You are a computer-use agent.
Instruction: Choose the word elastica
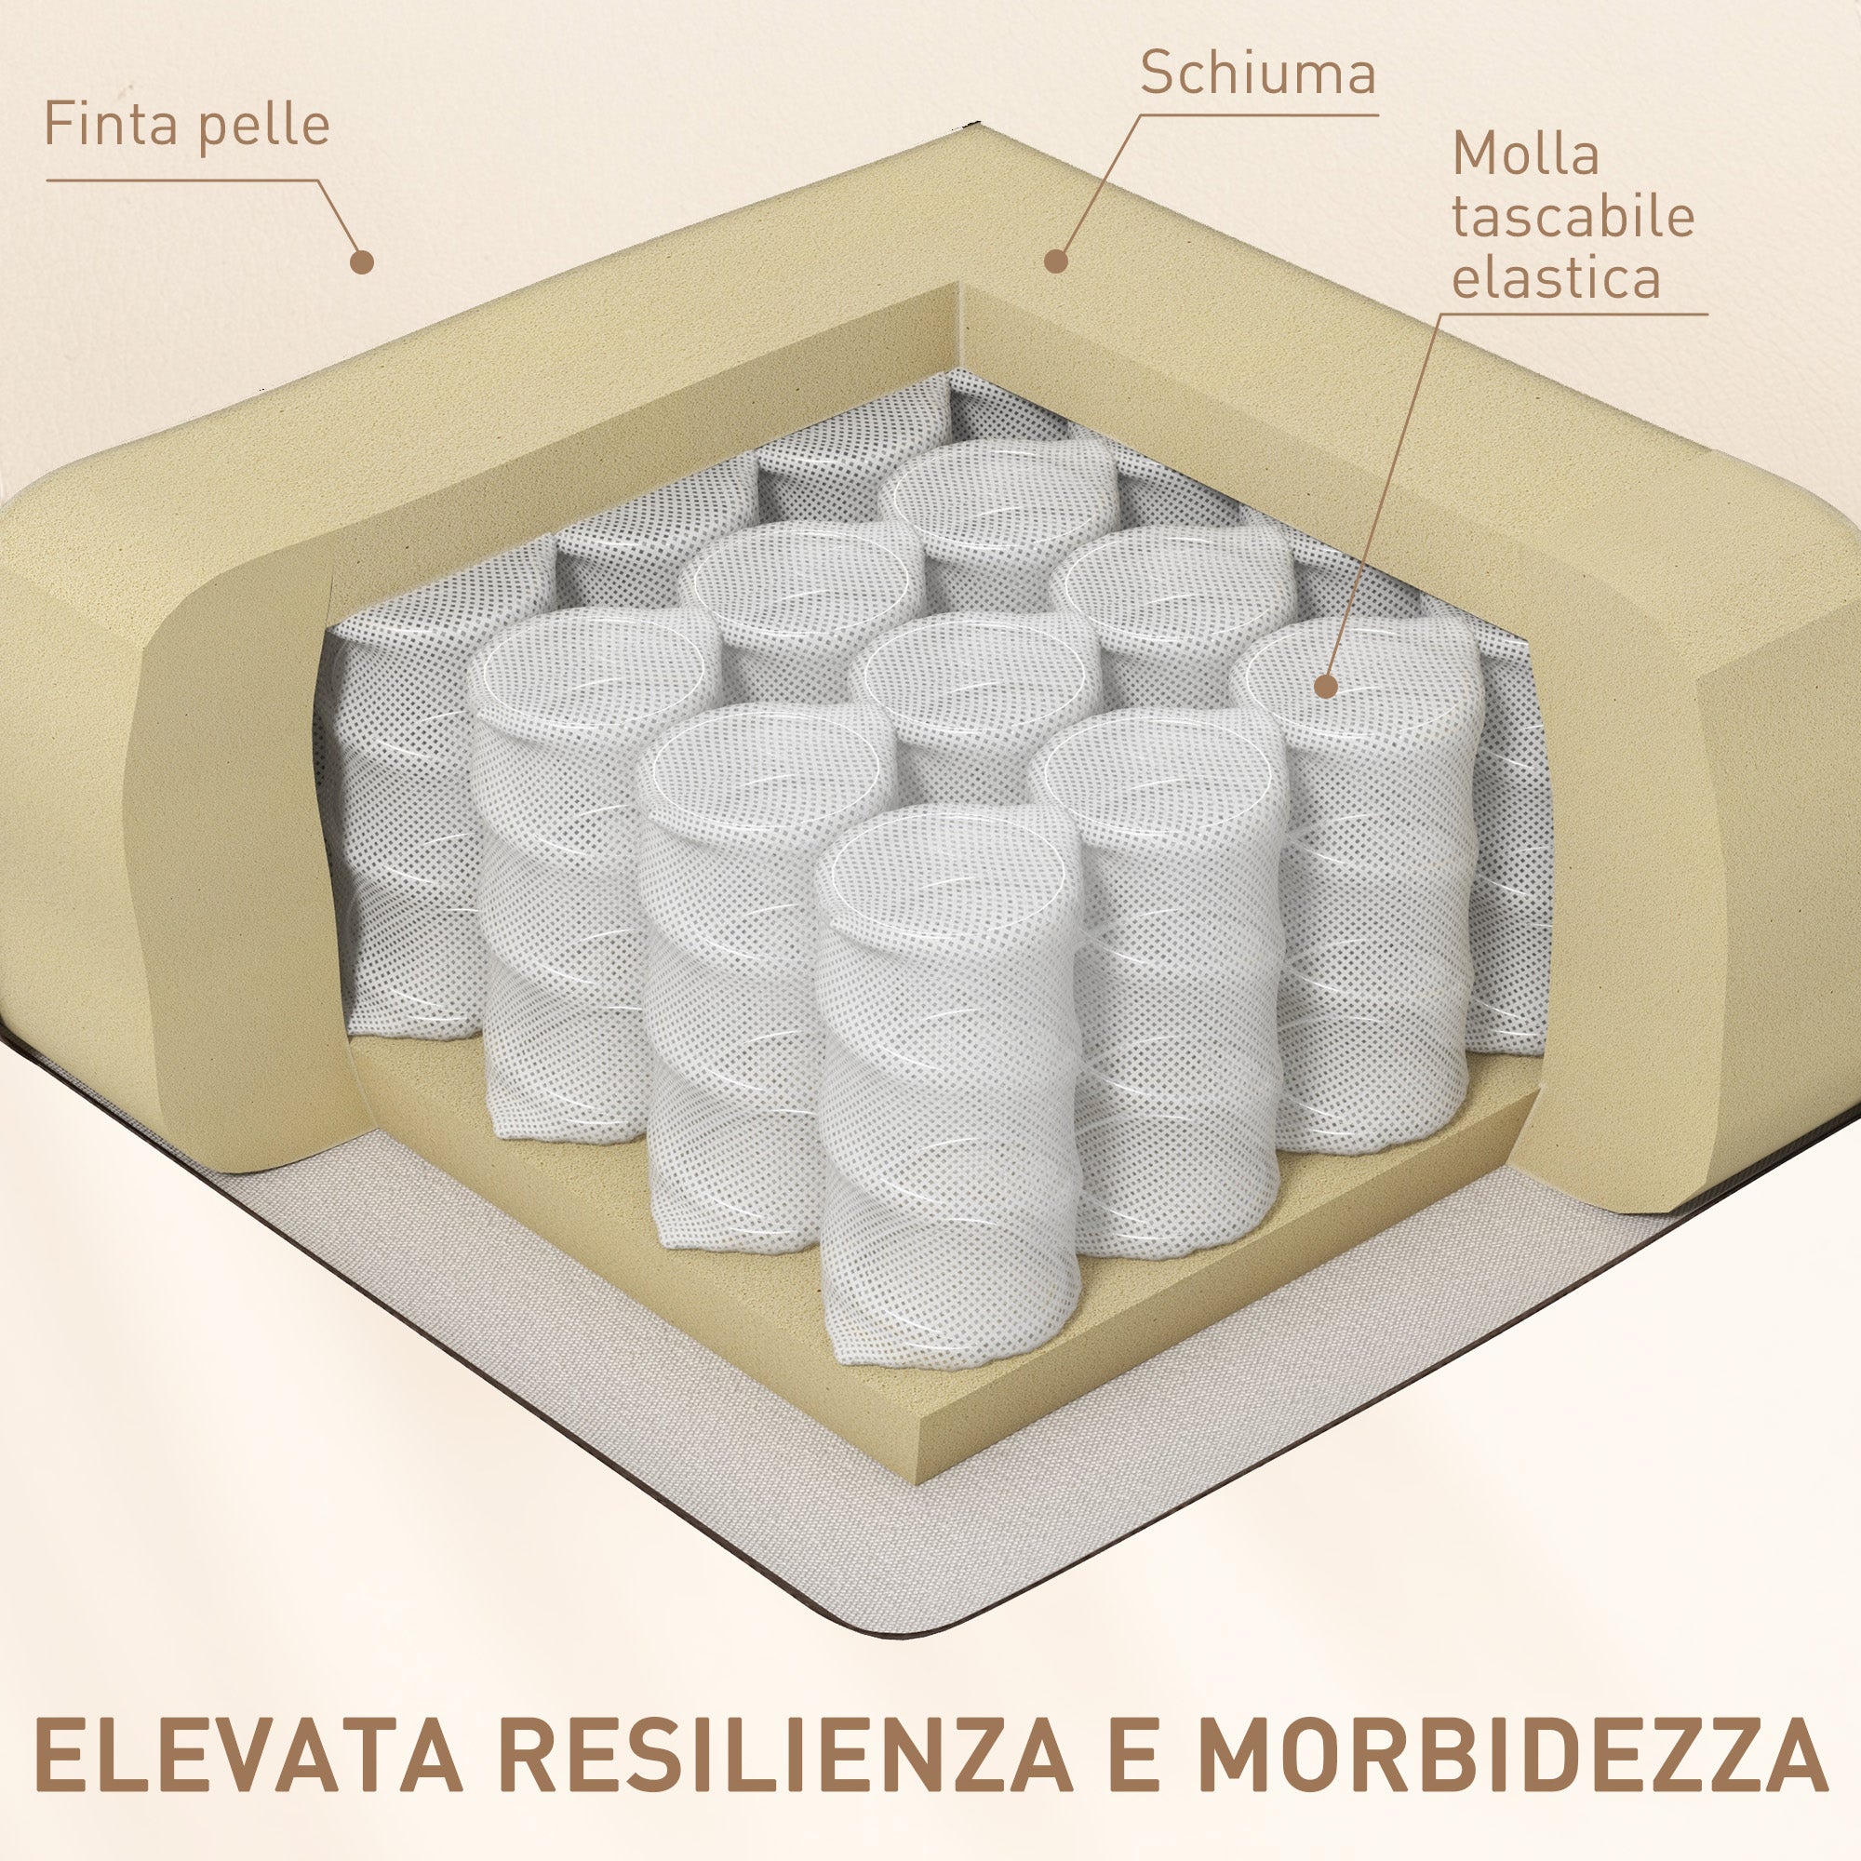pyautogui.click(x=1557, y=277)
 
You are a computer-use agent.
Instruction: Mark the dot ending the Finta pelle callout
pyautogui.click(x=362, y=261)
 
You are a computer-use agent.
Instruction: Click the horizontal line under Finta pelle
pyautogui.click(x=182, y=181)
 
